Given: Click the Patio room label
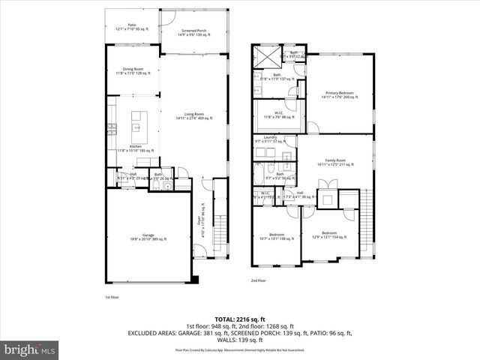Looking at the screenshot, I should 132,27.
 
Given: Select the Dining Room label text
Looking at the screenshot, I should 132,71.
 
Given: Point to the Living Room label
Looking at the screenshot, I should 194,116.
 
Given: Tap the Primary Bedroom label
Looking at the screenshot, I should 339,95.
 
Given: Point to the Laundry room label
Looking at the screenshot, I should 270,139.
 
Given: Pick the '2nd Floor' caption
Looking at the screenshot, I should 258,280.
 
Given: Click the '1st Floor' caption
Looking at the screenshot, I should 112,297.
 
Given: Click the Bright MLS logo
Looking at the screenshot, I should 30,349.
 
